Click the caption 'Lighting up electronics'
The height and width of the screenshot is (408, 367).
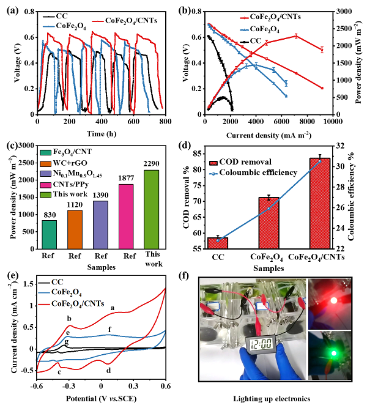(x=271, y=398)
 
